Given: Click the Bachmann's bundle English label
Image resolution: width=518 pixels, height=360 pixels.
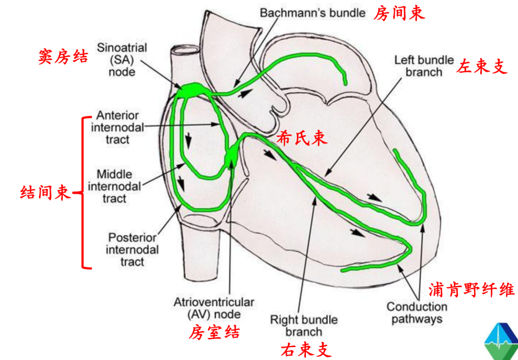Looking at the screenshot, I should tap(312, 12).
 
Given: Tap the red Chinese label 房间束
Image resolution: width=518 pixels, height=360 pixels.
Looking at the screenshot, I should tap(399, 13).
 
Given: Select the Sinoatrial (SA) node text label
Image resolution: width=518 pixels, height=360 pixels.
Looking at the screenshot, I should tap(121, 59).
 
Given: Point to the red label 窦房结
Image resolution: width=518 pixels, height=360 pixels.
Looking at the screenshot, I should tap(63, 57).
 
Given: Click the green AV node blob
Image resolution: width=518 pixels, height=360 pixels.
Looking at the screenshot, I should tap(231, 154).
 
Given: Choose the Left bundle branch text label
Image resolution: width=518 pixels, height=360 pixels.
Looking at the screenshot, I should tap(424, 66).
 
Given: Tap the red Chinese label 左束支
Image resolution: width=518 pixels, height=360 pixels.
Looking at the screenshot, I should tap(482, 66).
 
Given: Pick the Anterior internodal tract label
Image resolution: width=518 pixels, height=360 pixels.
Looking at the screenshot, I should tap(118, 128).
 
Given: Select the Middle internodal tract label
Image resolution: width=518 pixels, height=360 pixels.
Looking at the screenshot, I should tap(114, 186).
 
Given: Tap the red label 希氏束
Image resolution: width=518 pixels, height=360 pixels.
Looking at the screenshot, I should tap(302, 138).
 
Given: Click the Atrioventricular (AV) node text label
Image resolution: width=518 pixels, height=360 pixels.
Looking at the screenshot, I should tap(214, 308).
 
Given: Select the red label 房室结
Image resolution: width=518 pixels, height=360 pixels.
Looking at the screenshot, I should tap(214, 332).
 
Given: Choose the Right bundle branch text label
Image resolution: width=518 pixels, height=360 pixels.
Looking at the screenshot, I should tap(304, 325).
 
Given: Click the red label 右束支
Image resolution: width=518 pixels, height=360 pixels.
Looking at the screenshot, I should tap(306, 350).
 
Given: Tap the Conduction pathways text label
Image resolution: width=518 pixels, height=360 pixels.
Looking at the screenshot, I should tap(416, 313).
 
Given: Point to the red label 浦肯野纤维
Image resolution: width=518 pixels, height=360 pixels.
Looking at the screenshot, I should tap(471, 290).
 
